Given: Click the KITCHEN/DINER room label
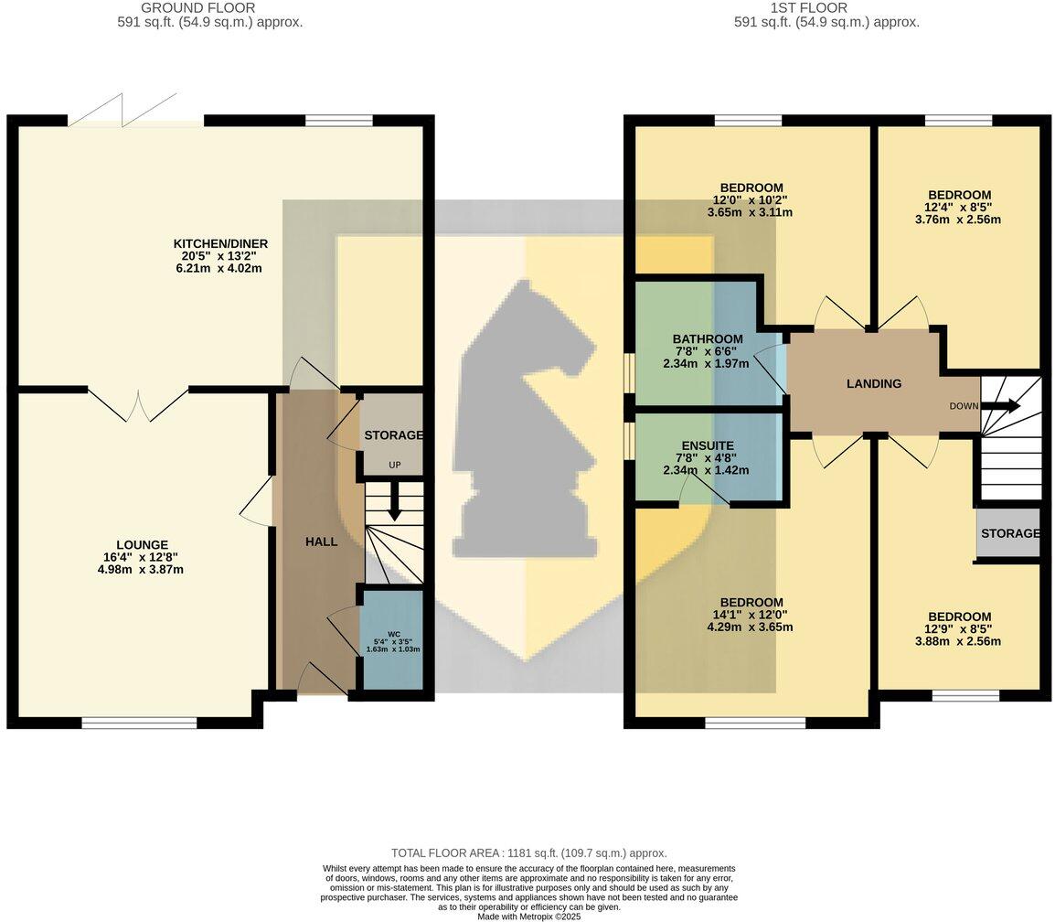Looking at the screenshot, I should click(220, 243).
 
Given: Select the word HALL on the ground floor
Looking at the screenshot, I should click(321, 541).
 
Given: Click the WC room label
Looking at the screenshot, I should click(393, 633).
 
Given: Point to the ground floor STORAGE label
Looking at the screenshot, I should click(393, 435).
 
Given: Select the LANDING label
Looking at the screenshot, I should click(873, 384).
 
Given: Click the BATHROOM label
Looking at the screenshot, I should click(708, 338).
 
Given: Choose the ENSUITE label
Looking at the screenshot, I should click(708, 445).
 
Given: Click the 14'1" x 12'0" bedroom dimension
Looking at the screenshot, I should click(751, 615).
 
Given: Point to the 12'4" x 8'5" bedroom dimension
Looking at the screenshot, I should click(959, 208).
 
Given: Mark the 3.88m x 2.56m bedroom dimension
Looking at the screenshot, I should click(959, 641).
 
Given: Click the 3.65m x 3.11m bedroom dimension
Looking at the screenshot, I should click(751, 212).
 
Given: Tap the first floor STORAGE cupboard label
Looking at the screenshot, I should click(1009, 533).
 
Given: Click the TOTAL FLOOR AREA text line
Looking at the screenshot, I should click(528, 852).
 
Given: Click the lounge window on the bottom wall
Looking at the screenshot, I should click(139, 723).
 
